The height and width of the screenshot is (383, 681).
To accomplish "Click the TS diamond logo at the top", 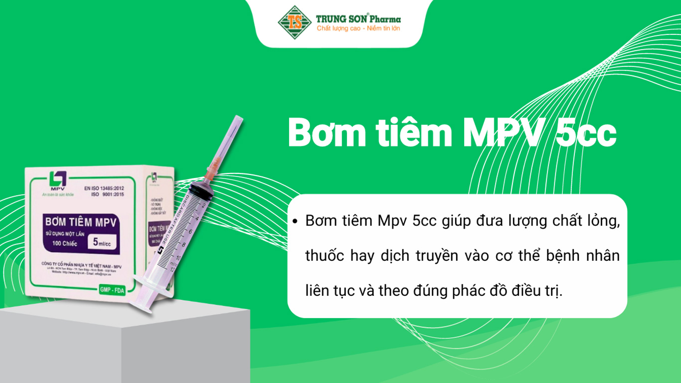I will (x=295, y=22).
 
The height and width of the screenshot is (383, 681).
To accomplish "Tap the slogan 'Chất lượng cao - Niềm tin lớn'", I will (x=358, y=28).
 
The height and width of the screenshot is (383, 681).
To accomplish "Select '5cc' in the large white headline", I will (x=586, y=133).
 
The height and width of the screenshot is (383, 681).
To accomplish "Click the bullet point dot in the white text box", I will (x=296, y=221).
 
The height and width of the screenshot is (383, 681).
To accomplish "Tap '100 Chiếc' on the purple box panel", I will (x=61, y=243).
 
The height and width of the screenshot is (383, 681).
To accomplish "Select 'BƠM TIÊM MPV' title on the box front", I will (x=81, y=221).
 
